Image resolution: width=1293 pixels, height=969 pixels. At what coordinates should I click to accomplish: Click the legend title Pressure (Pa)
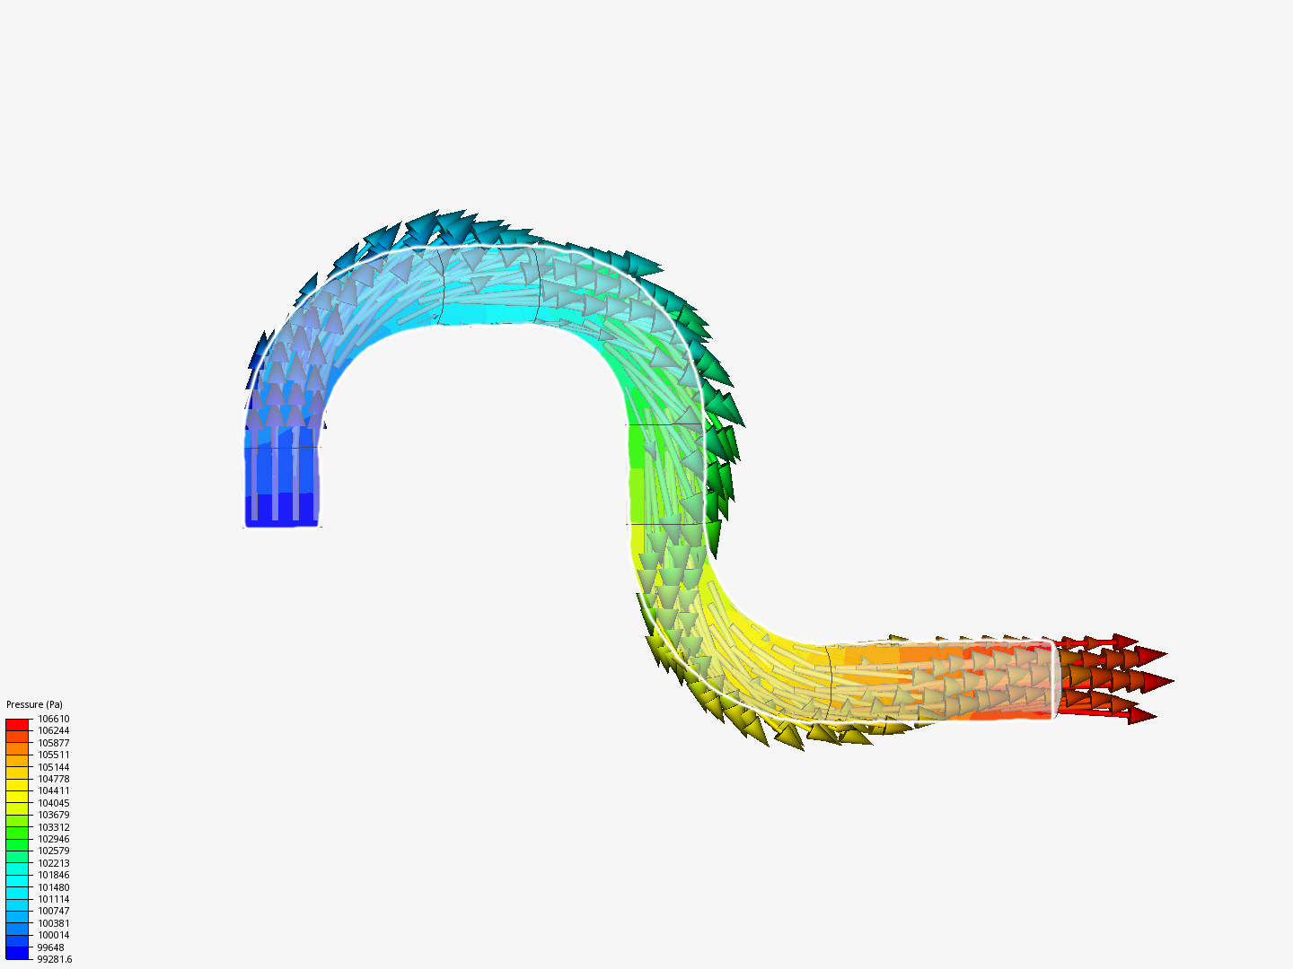point(34,704)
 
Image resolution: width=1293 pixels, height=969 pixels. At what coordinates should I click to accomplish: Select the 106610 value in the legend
point(54,719)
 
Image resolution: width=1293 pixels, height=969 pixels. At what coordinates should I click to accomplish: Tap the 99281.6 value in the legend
point(55,960)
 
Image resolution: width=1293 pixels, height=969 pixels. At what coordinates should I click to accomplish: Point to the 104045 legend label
point(54,803)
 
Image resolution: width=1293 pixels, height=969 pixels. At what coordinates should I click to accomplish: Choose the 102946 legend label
point(54,839)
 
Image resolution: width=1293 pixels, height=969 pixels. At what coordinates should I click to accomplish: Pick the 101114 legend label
point(54,899)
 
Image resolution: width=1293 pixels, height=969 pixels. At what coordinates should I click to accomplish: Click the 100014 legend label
point(54,935)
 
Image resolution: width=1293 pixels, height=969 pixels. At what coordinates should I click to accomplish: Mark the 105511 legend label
point(54,755)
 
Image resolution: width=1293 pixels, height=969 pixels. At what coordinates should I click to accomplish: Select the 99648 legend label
point(50,947)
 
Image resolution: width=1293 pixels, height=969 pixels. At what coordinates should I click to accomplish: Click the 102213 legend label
point(54,863)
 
